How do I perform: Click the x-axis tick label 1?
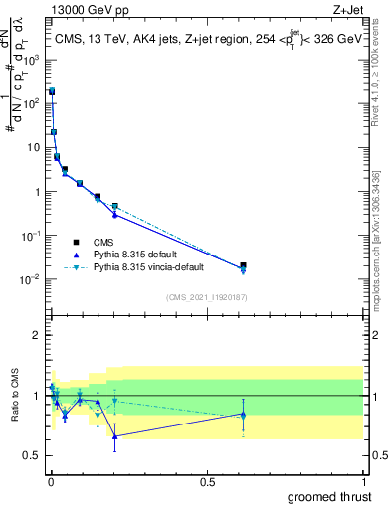363,482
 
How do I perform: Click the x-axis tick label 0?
50,482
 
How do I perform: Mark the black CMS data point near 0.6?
243,265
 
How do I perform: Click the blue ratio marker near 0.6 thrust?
243,415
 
